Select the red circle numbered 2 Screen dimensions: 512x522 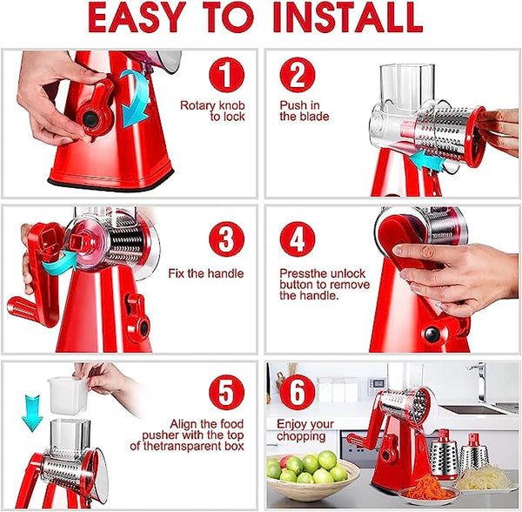(x=298, y=75)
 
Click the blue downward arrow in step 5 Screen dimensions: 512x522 (x=32, y=409)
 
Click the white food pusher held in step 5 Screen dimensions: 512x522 (x=69, y=394)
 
